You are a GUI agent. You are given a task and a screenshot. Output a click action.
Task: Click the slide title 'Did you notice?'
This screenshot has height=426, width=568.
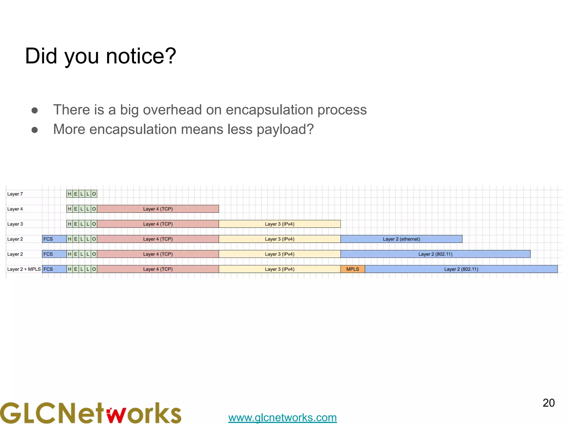tap(100, 56)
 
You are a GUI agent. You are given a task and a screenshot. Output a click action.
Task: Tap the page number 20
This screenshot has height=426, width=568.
tap(548, 403)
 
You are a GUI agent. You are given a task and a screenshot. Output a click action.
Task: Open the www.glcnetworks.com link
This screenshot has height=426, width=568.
tap(282, 417)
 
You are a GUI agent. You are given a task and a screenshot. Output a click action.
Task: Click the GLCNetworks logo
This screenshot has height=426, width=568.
tap(90, 413)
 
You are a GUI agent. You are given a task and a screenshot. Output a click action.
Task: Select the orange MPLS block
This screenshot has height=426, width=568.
tap(353, 269)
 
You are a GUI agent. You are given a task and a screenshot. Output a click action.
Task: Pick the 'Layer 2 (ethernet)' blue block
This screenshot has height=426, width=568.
tap(401, 239)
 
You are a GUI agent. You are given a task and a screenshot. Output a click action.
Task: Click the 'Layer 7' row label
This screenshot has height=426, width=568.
tap(15, 194)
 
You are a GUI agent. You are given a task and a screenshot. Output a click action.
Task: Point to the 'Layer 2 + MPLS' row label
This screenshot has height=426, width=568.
tap(24, 269)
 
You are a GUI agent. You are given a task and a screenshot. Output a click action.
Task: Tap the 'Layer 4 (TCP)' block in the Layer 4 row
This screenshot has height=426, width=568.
tap(158, 209)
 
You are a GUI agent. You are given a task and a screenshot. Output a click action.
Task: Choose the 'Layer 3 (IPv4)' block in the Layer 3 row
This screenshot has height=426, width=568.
tap(280, 224)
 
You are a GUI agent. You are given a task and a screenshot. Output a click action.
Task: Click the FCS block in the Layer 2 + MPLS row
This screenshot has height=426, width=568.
tap(54, 269)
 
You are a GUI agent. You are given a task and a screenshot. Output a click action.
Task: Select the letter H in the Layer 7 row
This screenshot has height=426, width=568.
tap(70, 194)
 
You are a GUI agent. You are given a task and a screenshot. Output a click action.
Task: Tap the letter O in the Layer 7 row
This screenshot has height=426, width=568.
tap(94, 194)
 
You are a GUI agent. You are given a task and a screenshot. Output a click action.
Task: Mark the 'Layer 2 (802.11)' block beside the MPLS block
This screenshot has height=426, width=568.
tap(461, 269)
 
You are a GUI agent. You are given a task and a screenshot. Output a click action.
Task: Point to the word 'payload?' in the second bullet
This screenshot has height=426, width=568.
tap(285, 130)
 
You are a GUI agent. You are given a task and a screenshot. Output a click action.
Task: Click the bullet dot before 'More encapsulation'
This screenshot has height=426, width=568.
tap(35, 130)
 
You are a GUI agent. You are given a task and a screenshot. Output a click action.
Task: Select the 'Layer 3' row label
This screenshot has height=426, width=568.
tap(15, 224)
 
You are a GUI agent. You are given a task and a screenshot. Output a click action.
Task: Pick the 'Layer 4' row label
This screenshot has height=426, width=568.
tap(15, 209)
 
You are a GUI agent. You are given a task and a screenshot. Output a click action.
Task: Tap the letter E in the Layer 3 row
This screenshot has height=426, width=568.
tap(76, 224)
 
